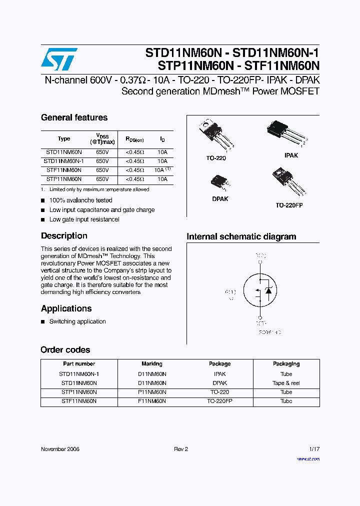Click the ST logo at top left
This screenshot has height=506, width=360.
pos(59,59)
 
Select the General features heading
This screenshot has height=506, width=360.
pos(74,117)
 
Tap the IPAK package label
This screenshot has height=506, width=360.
pos(291,155)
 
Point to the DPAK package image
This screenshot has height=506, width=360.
pos(219,182)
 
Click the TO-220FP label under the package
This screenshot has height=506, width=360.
pos(289,205)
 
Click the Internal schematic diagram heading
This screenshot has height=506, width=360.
pos(241,236)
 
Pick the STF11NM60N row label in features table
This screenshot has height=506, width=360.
pos(64,170)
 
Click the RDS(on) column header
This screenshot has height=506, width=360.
pos(134,139)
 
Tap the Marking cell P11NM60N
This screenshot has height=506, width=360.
pos(152,392)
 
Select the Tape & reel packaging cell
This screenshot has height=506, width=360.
pos(286,383)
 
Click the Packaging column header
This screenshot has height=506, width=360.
pos(286,364)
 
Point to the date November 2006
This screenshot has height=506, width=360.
pos(60,449)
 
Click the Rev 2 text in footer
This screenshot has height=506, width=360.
pos(180,449)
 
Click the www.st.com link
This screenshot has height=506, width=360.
pos(308,458)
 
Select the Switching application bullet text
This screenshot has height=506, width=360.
pos(77,321)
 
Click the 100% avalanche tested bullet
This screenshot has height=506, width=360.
pos(80,200)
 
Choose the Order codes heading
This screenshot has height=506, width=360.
pos(65,350)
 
